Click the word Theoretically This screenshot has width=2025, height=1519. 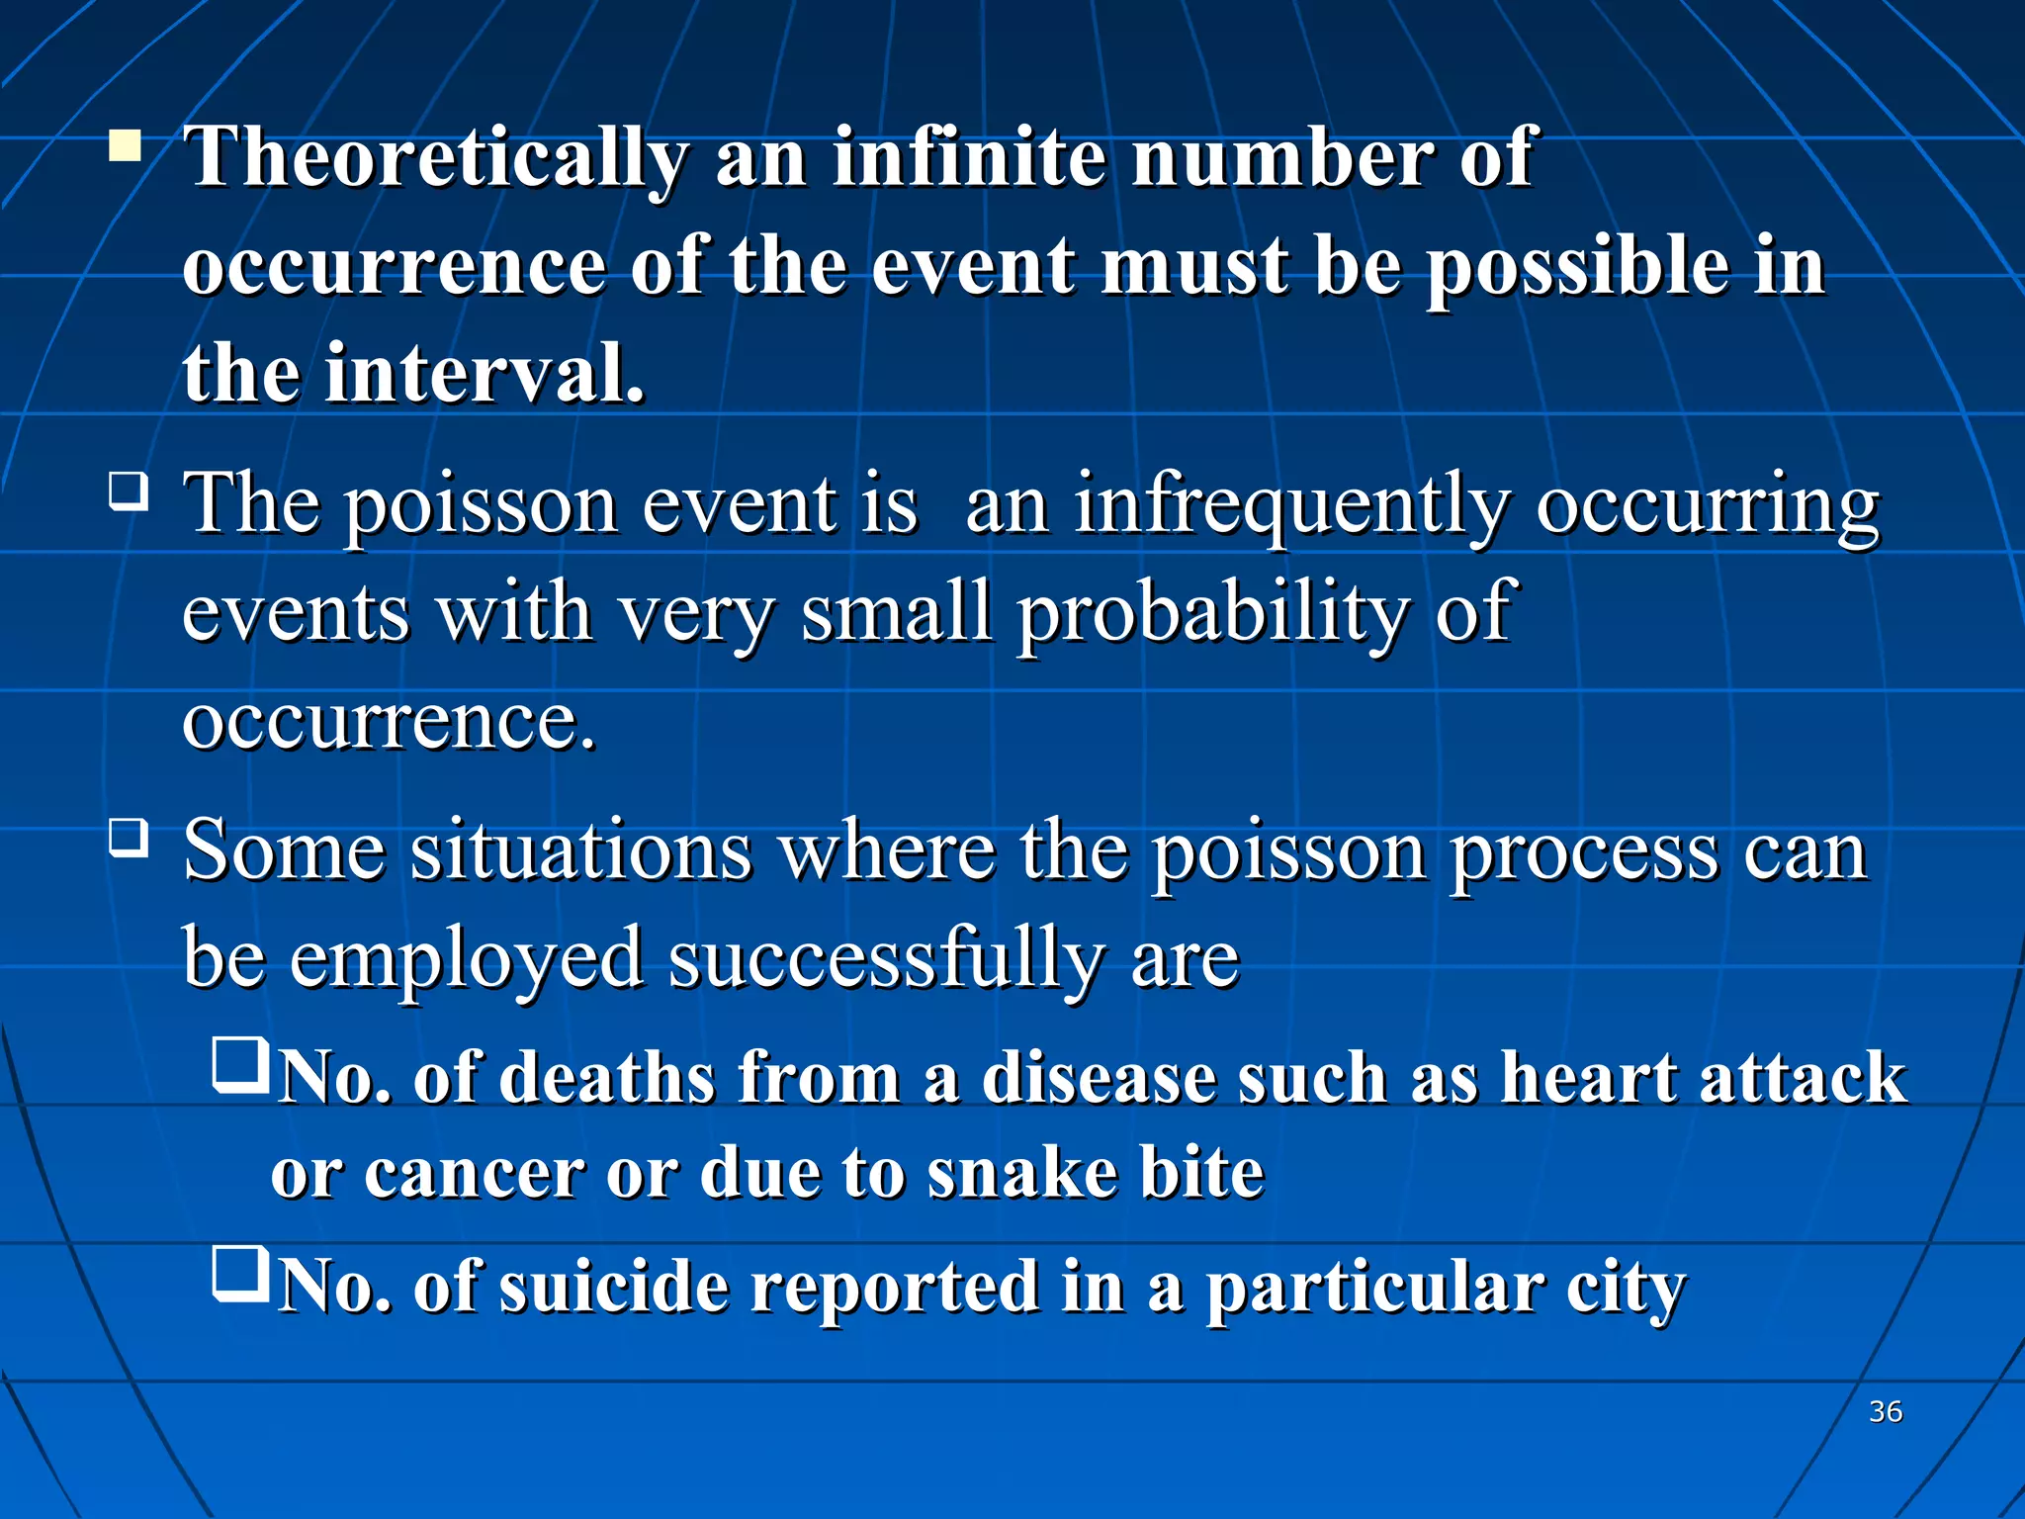tap(436, 158)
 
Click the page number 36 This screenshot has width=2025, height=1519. tap(1886, 1411)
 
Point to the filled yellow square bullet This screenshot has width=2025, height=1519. tap(126, 145)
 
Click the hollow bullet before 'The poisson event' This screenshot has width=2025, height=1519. tap(128, 491)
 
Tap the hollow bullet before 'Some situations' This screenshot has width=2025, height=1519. tap(128, 838)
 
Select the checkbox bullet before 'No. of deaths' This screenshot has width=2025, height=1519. tap(240, 1066)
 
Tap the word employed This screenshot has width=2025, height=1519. tap(466, 959)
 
